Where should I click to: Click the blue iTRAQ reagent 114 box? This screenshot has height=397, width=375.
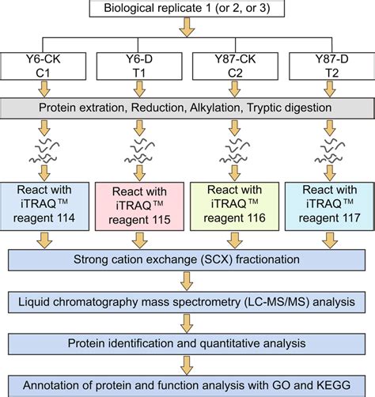[47, 205]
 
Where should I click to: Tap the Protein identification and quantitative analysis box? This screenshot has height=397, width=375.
[187, 344]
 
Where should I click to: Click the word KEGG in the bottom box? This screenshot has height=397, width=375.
[318, 385]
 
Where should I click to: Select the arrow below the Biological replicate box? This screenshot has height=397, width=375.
[187, 30]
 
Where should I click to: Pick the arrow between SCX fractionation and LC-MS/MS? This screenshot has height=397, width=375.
[187, 281]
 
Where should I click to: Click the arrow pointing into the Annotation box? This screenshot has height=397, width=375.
[187, 365]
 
